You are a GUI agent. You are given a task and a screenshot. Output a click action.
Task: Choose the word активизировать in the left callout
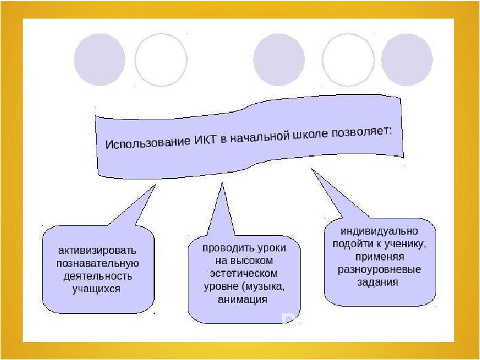coord(97,250)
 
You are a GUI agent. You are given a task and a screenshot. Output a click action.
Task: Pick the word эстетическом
coord(244,273)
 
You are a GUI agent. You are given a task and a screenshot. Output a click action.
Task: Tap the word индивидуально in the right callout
coord(380,230)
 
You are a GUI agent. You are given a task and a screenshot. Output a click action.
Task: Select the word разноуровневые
coord(379,269)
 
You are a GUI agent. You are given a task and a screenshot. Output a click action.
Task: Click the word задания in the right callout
coord(379,282)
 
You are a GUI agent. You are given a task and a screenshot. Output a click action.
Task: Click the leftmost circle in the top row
coord(100,59)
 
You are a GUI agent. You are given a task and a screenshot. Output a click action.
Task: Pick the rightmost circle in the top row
coord(407,59)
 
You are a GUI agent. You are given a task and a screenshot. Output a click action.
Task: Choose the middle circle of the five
coord(279,59)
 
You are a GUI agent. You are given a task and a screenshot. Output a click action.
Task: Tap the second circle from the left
coord(161,59)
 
